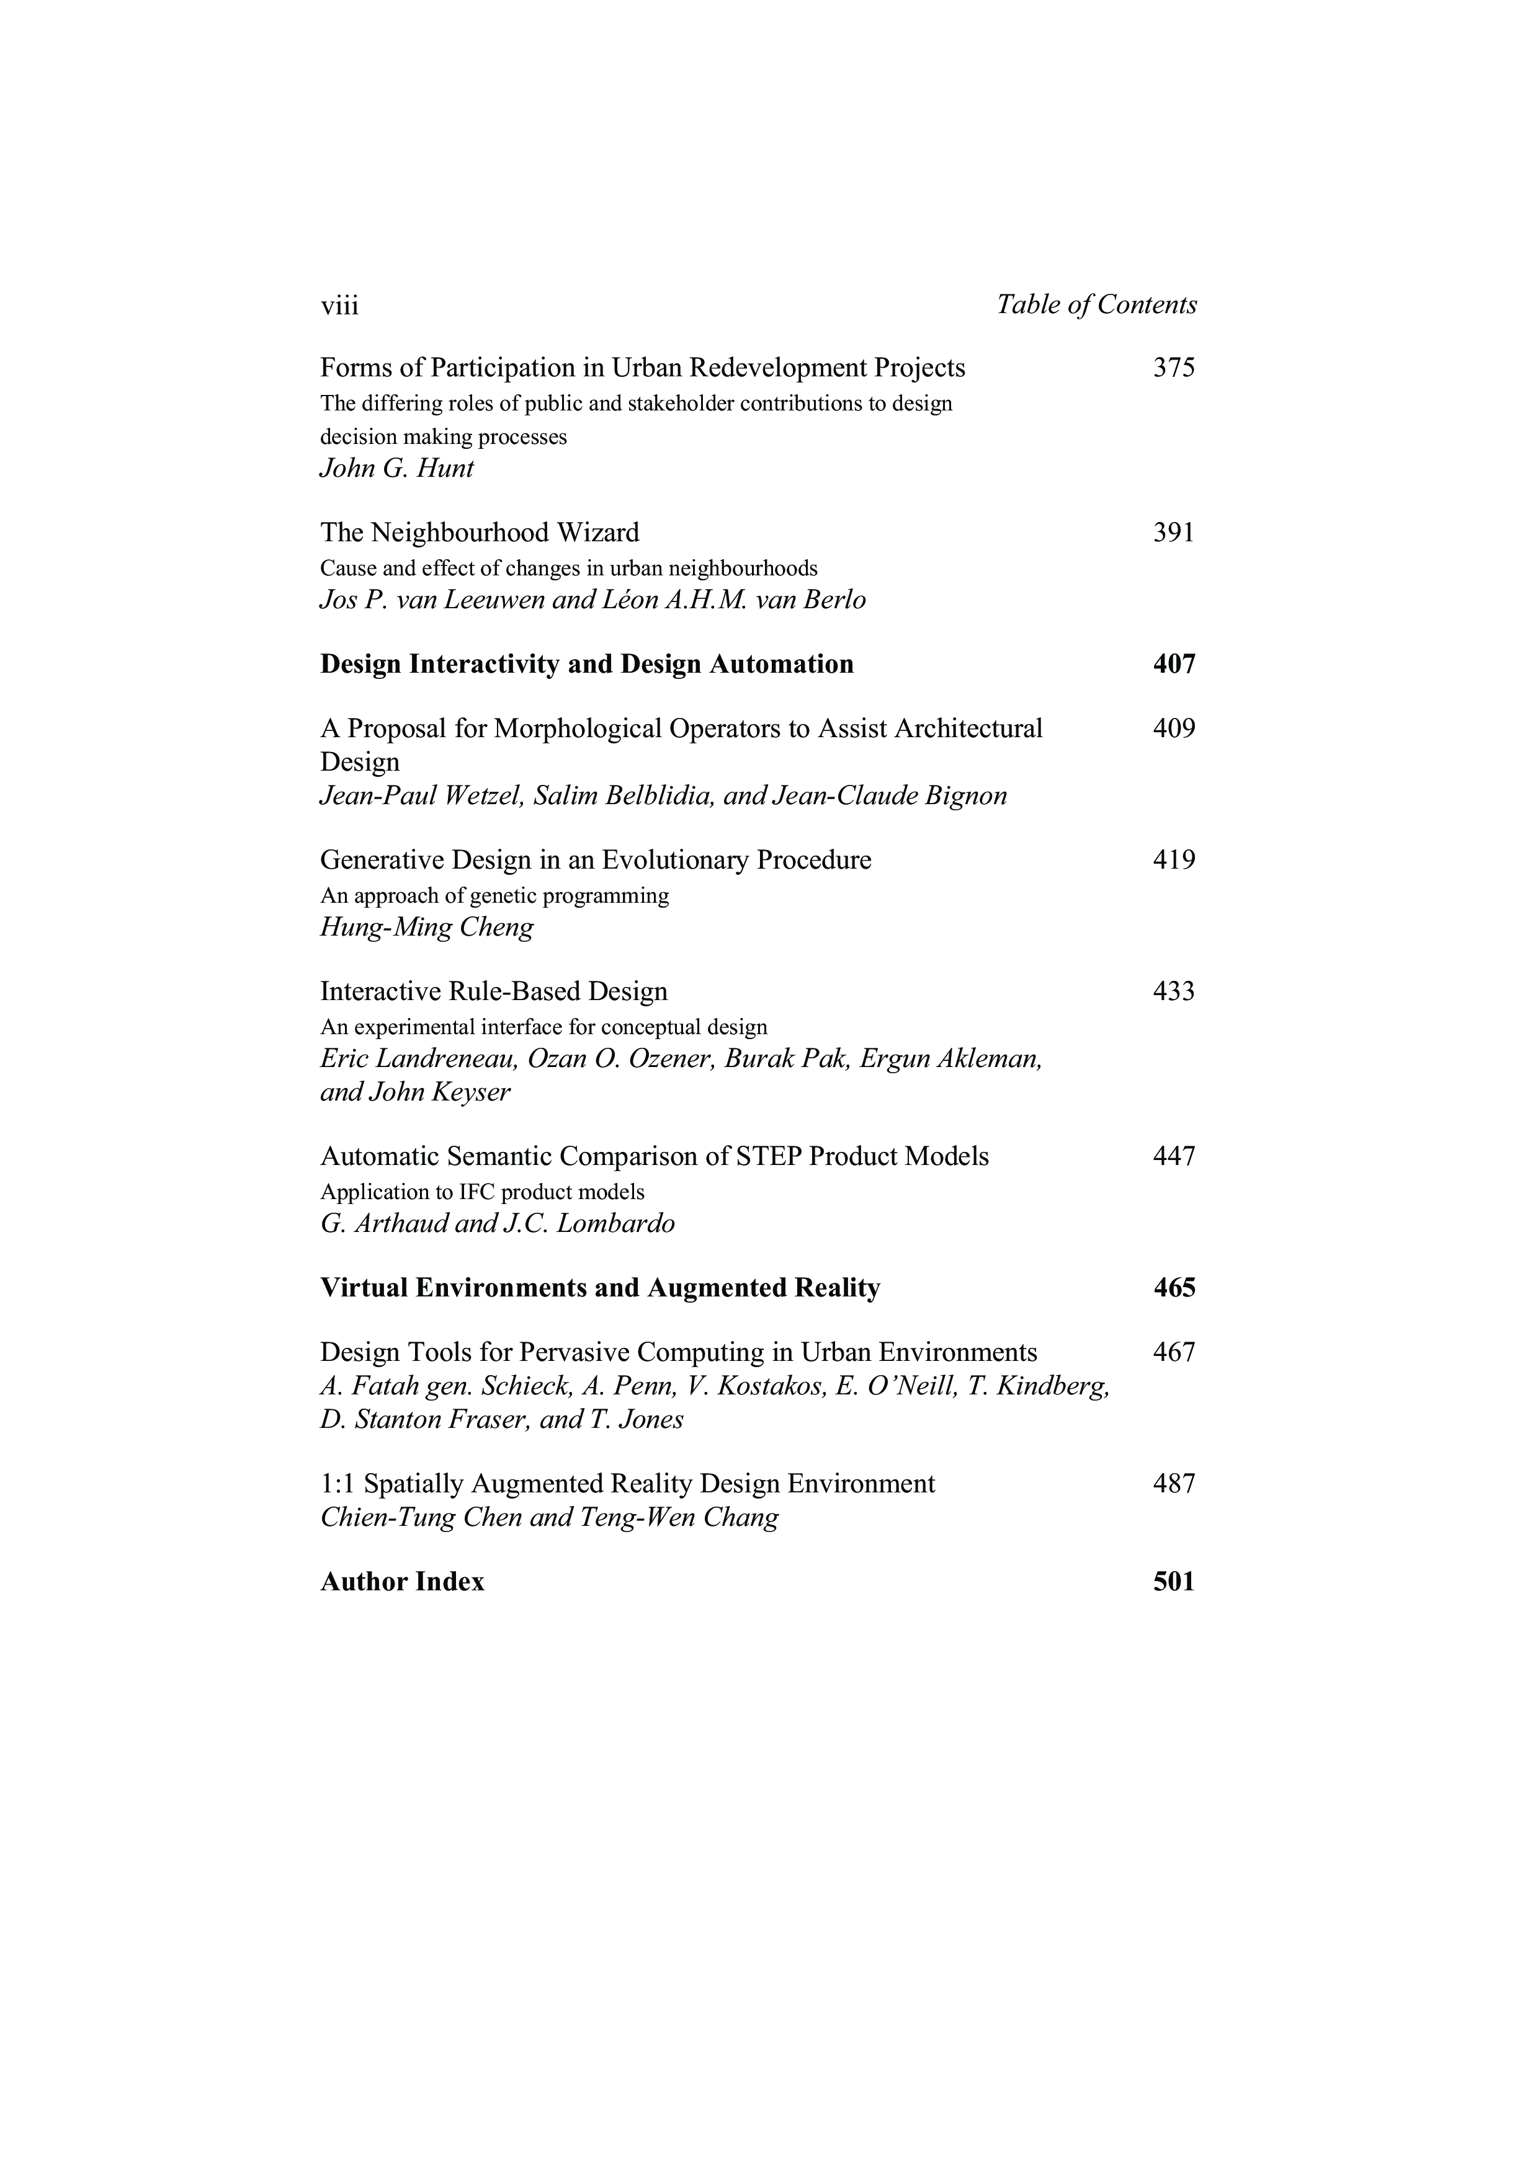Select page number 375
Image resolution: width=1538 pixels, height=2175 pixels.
click(1174, 368)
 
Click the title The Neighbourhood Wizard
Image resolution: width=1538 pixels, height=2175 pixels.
click(480, 533)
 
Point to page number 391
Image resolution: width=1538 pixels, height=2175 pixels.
click(1174, 533)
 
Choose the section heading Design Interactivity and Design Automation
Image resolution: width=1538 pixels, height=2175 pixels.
click(586, 664)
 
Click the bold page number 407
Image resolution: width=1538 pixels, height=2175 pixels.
click(1174, 664)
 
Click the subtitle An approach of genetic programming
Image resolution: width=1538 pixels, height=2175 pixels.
click(494, 895)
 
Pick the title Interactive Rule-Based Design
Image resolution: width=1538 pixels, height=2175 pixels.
click(494, 992)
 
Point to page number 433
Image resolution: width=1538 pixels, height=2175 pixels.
click(1174, 992)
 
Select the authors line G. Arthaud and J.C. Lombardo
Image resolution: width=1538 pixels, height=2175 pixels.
click(498, 1224)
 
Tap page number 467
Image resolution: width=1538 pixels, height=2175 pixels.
click(1174, 1353)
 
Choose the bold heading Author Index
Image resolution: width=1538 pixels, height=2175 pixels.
click(402, 1582)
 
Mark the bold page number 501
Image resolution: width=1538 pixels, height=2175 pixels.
click(1174, 1582)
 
